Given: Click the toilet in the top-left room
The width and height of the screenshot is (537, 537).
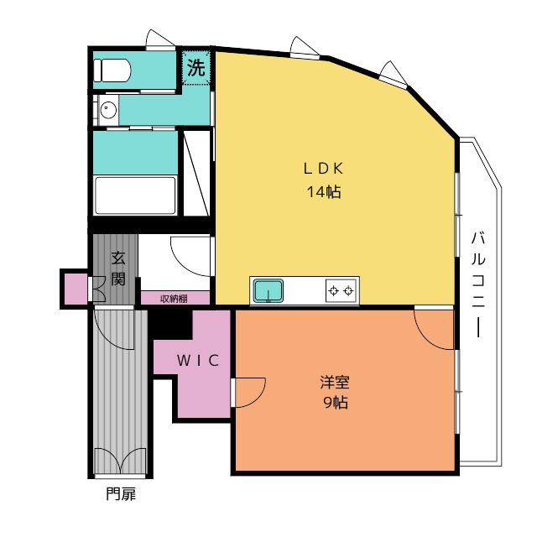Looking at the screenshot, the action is point(112,70).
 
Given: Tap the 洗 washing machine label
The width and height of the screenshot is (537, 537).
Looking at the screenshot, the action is point(196,68).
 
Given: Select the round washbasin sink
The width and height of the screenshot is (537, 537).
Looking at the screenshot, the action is point(108,110).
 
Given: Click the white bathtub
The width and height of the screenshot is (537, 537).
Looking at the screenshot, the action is point(135,196).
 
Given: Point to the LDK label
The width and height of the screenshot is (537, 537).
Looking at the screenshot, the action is point(323,169).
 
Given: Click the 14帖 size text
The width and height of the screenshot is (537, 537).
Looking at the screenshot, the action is point(324,191).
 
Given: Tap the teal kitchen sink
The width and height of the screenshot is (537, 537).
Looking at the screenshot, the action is point(268,291).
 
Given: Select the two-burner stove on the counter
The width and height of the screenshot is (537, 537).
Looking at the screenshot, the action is point(341,291).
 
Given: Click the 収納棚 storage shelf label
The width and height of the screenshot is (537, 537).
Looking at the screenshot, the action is point(174,299).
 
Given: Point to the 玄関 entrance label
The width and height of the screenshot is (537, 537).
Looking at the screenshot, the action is point(118,268).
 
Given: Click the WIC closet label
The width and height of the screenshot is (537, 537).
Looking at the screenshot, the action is point(198,360).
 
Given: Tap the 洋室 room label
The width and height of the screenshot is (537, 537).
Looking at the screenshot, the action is point(335,383).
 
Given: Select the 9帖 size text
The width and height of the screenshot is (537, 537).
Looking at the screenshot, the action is point(336,403).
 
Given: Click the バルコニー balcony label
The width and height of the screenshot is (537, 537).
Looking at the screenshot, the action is point(478,284).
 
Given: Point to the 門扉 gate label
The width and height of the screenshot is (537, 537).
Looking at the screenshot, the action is point(121,494).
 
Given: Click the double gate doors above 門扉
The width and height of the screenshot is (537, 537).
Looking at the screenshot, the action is point(120,461).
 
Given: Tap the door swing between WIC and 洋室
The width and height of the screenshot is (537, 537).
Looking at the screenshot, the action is point(249,393).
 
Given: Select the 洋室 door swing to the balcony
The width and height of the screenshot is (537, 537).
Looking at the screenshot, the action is point(434,330).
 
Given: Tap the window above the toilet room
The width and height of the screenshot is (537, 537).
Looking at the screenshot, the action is point(160,40).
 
